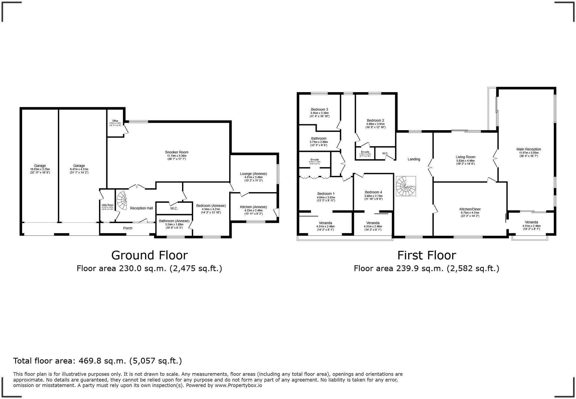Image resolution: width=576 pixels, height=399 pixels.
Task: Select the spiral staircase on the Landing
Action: tap(405, 186)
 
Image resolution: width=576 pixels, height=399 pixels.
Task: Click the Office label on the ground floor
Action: tap(115, 121)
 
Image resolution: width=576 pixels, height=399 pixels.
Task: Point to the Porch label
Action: tap(127, 228)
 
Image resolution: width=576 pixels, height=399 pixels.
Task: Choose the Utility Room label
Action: tap(107, 205)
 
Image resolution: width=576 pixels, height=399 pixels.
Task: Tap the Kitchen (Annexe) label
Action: tap(253, 207)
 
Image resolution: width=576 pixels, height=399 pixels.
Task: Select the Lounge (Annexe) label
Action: tap(253, 174)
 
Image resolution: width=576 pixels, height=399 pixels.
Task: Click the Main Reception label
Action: tap(528, 149)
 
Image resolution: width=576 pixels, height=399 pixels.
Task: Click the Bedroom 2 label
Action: tap(375, 120)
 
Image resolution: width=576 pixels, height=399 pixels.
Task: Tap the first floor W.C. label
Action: tap(385, 153)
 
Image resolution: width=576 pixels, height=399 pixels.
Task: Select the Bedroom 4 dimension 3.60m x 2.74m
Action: tap(373, 196)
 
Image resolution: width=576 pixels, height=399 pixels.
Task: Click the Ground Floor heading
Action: tap(149, 255)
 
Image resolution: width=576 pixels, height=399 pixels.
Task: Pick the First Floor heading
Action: tap(426, 255)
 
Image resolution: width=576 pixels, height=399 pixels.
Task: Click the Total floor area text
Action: tap(97, 361)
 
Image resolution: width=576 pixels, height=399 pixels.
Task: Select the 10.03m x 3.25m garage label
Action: tap(40, 169)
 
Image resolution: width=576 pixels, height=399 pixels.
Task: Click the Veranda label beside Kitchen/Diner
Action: tap(531, 222)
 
